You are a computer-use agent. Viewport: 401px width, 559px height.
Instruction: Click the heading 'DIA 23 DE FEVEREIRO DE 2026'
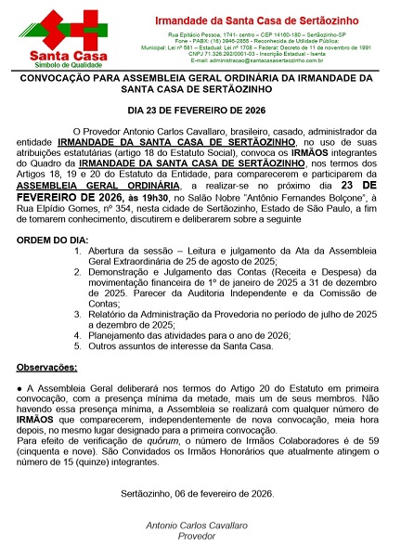pos(200,110)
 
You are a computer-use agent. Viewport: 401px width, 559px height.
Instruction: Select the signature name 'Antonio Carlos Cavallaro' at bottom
pos(200,526)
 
